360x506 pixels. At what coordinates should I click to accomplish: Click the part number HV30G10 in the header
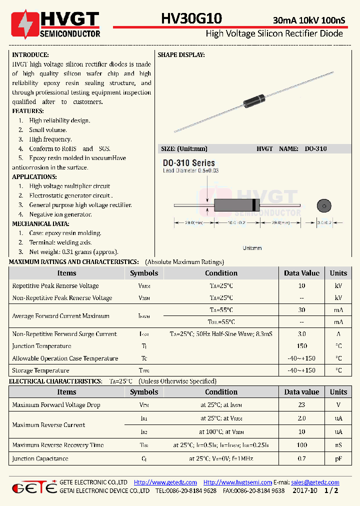[191, 19]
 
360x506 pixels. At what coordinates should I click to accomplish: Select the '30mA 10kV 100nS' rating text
[308, 20]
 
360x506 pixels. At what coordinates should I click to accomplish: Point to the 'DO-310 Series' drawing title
[189, 163]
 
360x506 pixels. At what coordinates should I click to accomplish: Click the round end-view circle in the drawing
[323, 205]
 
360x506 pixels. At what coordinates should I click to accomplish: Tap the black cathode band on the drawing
[255, 205]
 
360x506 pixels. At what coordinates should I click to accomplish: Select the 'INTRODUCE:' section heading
[30, 55]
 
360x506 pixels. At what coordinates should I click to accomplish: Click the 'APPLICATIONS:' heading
[34, 177]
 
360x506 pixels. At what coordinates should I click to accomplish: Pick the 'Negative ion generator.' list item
[60, 214]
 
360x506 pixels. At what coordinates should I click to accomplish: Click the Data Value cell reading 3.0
[301, 334]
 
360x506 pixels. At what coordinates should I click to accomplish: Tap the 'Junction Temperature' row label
[41, 346]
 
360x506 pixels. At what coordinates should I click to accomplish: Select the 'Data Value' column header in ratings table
[301, 273]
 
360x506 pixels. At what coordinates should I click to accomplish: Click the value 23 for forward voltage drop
[301, 405]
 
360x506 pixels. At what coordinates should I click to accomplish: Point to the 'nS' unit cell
[338, 445]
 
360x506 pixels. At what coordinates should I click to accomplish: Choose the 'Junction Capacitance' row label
[40, 458]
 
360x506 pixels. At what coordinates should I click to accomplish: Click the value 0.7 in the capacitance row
[301, 458]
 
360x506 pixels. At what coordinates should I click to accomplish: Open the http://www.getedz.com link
[165, 482]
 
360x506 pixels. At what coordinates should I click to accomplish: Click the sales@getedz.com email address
[315, 482]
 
